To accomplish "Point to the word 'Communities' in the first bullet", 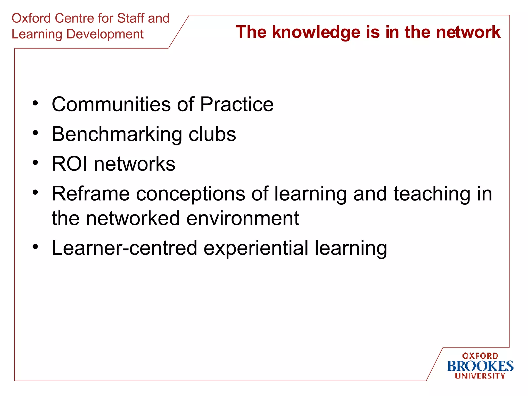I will click(x=111, y=104).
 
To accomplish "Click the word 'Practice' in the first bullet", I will click(x=237, y=104).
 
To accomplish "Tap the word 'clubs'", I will click(x=212, y=134).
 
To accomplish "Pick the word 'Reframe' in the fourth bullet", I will click(x=90, y=194).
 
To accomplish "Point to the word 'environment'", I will click(x=243, y=218).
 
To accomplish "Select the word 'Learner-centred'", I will click(x=124, y=248).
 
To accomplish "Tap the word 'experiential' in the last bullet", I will click(x=256, y=248).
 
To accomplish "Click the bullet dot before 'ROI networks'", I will click(x=35, y=163).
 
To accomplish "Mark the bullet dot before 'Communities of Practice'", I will click(x=35, y=103).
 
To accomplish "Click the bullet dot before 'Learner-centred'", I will click(x=35, y=247).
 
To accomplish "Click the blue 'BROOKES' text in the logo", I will click(x=480, y=366).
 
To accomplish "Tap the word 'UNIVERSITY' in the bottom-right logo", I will click(x=480, y=376).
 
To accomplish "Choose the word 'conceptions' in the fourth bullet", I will click(x=191, y=194).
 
